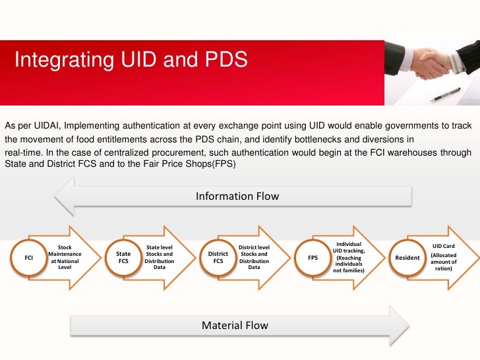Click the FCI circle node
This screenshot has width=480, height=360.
29,258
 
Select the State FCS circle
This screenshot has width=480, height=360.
123,258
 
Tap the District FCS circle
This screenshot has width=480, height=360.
218,258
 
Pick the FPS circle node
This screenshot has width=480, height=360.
313,258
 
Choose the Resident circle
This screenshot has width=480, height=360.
407,258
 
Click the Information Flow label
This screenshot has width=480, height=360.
237,196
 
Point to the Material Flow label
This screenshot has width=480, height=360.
235,326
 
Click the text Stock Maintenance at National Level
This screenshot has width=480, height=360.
65,258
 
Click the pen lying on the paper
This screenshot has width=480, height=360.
446,93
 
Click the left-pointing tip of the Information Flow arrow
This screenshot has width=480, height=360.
57,196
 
